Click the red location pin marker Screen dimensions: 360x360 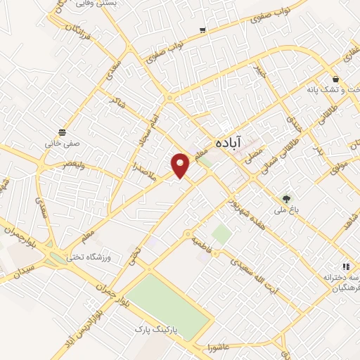point(181,164)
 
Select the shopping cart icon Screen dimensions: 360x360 point(202,30)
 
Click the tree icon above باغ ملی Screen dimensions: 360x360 point(285,198)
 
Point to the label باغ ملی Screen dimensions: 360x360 point(285,210)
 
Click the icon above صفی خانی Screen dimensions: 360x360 point(63,131)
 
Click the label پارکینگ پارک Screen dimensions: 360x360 point(159,328)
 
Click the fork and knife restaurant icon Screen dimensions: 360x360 point(345,266)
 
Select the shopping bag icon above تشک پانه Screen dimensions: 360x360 point(336,79)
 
